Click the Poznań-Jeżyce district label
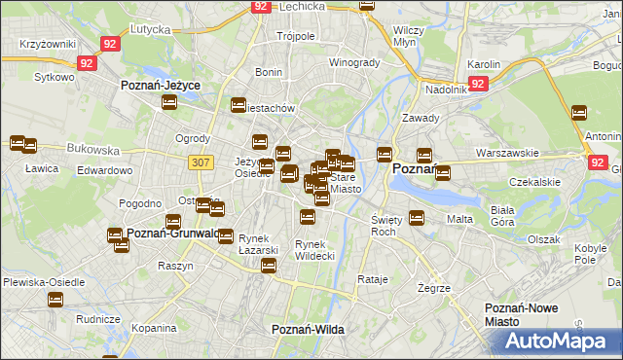[x=161, y=86]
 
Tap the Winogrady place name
[x=353, y=62]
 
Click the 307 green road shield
[x=202, y=163]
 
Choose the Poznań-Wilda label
[x=308, y=330]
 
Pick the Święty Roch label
[x=386, y=226]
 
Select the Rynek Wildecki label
[x=314, y=250]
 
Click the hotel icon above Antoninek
[x=579, y=113]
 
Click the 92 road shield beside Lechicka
[x=234, y=6]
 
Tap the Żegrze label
[x=434, y=289]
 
